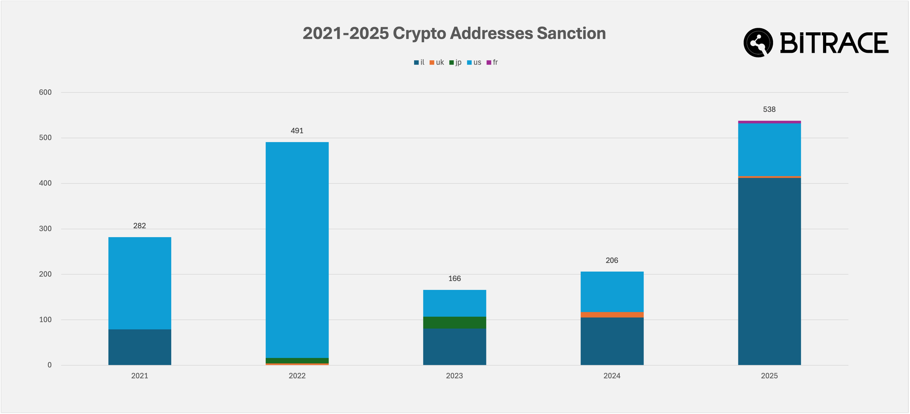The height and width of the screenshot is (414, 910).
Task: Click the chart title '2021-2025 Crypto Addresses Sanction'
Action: tap(454, 34)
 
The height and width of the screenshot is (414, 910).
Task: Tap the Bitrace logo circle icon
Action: tap(758, 43)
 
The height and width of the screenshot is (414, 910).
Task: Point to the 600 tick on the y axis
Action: tap(45, 92)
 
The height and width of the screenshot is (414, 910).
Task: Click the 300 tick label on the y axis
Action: tap(45, 229)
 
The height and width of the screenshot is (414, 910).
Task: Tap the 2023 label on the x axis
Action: tap(455, 376)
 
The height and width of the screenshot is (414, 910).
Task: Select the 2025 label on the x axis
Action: tap(769, 376)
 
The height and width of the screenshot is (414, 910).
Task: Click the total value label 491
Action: tap(297, 131)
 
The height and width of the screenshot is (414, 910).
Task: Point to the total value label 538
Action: tap(769, 110)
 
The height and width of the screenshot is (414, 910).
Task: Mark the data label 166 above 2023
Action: tap(455, 279)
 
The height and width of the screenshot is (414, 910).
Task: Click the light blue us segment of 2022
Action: tap(297, 250)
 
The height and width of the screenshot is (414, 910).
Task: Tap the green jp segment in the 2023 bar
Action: tap(455, 323)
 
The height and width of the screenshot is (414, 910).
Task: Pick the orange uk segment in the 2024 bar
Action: tap(612, 315)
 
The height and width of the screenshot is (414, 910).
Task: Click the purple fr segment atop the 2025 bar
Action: tap(769, 122)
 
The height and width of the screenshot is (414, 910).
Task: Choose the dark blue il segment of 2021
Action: tap(140, 347)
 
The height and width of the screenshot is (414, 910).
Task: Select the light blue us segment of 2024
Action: tap(612, 292)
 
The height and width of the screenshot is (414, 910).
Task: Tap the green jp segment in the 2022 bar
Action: tap(297, 361)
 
